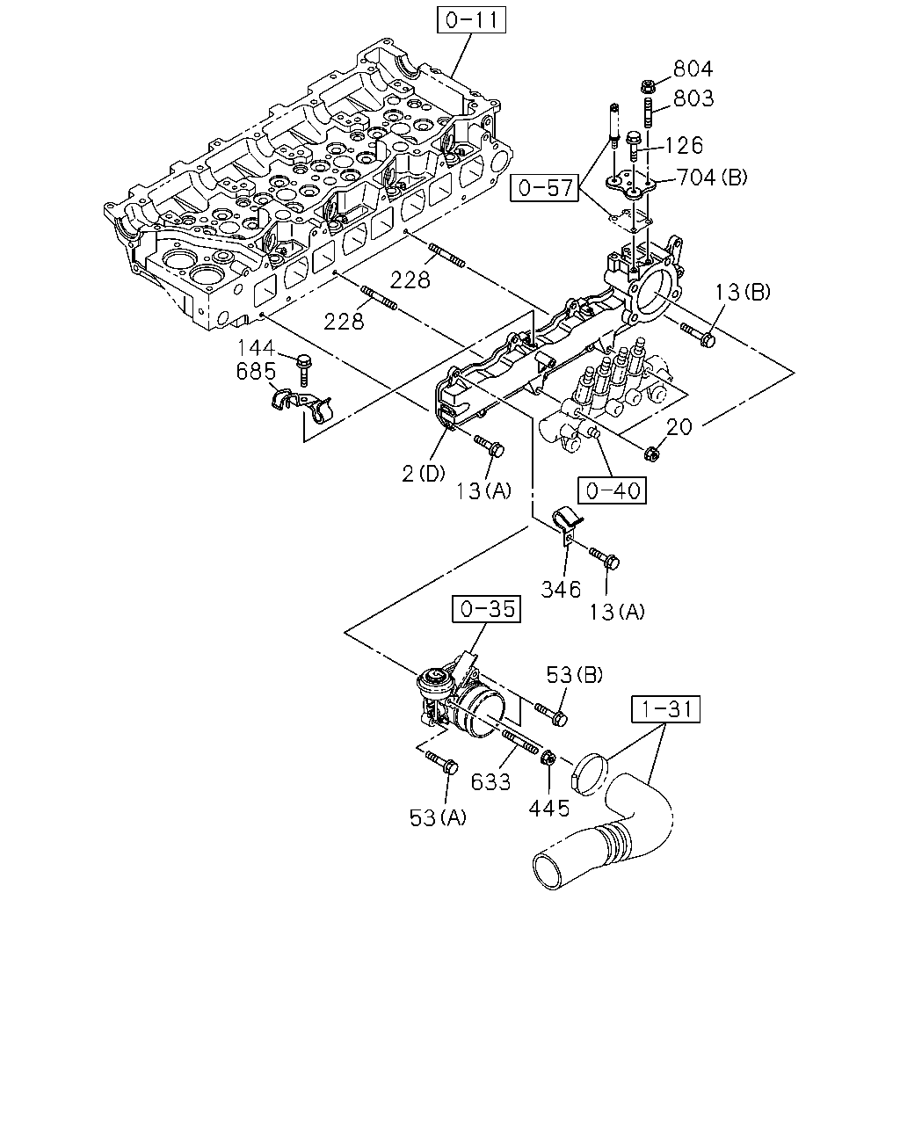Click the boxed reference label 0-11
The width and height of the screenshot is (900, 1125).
(x=471, y=20)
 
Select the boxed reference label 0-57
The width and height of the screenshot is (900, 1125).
(x=544, y=188)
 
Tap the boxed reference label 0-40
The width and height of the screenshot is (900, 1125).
(x=612, y=490)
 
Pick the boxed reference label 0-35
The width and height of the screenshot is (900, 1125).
(x=486, y=608)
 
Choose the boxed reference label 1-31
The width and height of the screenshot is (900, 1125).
(x=665, y=709)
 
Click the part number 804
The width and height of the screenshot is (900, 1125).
(x=693, y=69)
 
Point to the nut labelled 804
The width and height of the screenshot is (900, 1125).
(x=647, y=86)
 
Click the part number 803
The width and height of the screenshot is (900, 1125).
(x=693, y=98)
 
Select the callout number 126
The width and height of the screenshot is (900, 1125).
(x=684, y=145)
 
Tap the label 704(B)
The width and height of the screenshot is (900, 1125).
(x=712, y=178)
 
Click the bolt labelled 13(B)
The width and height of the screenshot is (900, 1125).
(x=698, y=335)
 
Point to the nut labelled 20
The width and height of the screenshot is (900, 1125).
(x=651, y=454)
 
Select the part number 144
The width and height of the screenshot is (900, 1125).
(x=257, y=348)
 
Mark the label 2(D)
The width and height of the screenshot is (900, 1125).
(x=424, y=474)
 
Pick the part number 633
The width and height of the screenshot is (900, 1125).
(x=490, y=782)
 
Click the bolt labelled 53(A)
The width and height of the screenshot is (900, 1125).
(x=442, y=763)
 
